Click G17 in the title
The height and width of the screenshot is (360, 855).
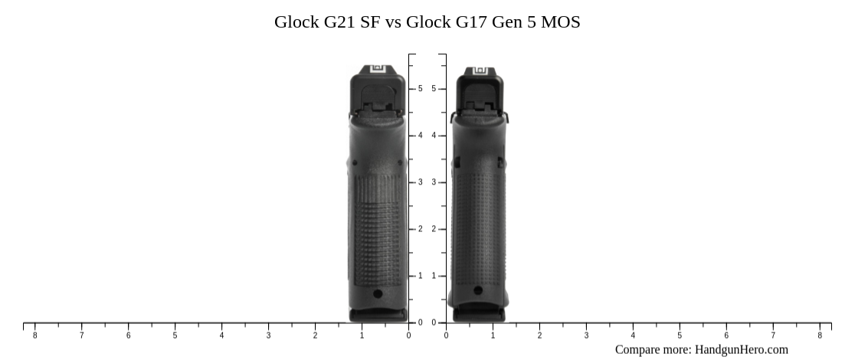point(473,22)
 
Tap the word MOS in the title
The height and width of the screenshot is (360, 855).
point(560,22)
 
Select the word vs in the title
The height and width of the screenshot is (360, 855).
point(393,22)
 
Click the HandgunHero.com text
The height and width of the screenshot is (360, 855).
point(741,349)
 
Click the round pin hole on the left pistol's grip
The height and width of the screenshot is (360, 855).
point(378,293)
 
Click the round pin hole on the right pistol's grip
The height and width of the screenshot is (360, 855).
point(478,291)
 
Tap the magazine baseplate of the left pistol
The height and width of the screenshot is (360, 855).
point(378,314)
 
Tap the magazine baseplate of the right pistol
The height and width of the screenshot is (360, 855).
point(479,314)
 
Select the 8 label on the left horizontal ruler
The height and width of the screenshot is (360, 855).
point(34,335)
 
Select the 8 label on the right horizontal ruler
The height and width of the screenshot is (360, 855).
point(820,335)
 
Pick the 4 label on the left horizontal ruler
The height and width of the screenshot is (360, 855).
point(221,335)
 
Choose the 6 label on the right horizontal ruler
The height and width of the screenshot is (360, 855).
point(726,335)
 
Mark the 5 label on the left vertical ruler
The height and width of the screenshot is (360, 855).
point(420,89)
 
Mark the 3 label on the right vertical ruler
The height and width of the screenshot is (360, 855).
point(434,182)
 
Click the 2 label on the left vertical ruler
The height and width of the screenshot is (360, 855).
point(420,229)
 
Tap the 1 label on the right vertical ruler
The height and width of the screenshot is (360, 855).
point(434,276)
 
